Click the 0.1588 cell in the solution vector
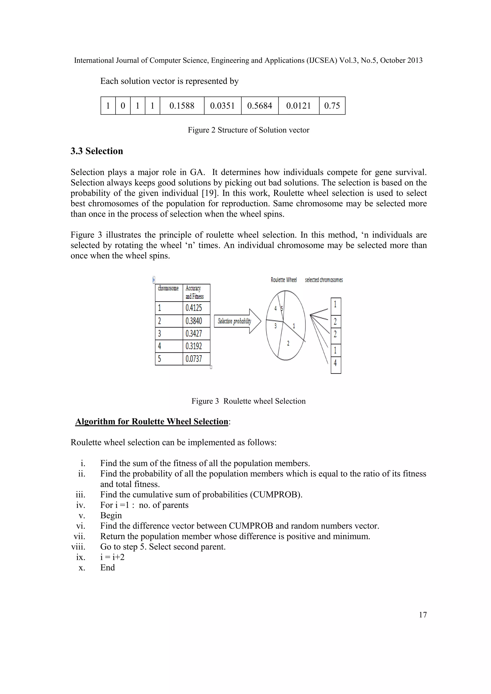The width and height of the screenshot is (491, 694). coord(182,106)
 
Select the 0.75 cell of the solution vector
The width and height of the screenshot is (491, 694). coord(332,106)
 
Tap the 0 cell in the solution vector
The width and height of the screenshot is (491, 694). coord(123,106)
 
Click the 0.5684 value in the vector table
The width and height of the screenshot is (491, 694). coord(259,106)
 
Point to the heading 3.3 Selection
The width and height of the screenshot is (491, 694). coord(97,151)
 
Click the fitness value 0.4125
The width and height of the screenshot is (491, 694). coord(194,308)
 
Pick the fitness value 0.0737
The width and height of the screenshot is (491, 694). coord(194,359)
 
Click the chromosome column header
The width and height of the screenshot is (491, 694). coord(168,288)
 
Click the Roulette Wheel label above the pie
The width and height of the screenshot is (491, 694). coord(284,280)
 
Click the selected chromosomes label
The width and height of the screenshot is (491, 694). coord(324,280)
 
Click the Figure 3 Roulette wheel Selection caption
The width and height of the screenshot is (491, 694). coord(248,401)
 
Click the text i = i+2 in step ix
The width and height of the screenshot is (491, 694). coord(112,557)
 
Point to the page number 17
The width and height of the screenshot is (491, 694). coord(423,615)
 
